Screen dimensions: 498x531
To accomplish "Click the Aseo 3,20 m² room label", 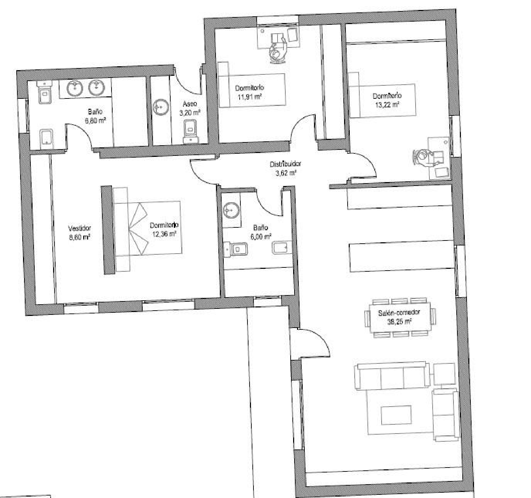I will tap(190, 108).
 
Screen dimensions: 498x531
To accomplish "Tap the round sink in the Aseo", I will tap(161, 107).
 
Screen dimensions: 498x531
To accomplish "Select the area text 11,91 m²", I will tap(250, 97).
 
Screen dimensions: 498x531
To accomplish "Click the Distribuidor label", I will tap(285, 164).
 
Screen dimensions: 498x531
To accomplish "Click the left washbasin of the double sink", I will tap(75, 88).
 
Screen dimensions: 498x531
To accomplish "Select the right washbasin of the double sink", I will tap(95, 87).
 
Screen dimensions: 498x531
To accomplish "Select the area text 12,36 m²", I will tap(164, 234).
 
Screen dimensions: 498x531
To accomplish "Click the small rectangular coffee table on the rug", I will tap(396, 415).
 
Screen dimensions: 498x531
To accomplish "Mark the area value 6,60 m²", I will tap(95, 121).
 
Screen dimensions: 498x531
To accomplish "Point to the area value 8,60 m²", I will tap(79, 237).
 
